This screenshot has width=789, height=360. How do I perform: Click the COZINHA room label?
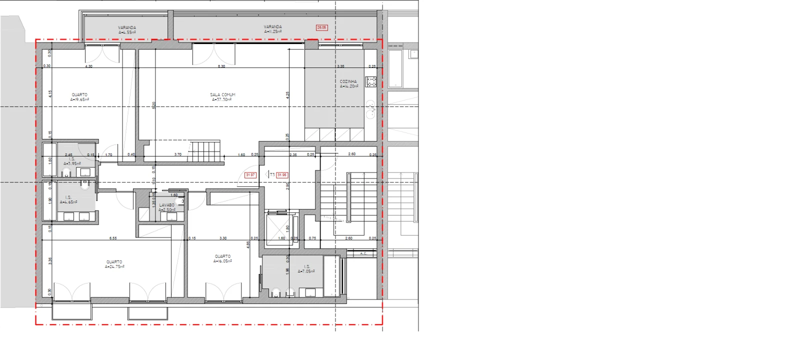[x=348, y=81]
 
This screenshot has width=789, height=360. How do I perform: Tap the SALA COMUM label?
[x=222, y=94]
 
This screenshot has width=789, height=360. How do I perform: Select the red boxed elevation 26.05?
[x=321, y=27]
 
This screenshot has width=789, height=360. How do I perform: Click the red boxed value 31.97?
[x=250, y=175]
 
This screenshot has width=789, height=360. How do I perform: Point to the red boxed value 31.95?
[x=282, y=175]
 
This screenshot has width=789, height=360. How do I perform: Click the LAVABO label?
[x=166, y=205]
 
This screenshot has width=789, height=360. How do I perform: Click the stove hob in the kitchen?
[x=370, y=81]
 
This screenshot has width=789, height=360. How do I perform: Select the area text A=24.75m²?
[x=114, y=267]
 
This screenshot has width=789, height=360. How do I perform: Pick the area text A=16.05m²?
[x=222, y=261]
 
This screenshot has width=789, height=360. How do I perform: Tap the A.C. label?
[x=363, y=254]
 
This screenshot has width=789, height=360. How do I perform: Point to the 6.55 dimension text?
[x=113, y=238]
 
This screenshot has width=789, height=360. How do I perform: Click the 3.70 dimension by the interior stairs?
[x=177, y=154]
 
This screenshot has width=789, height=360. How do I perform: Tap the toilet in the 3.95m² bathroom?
[x=66, y=173]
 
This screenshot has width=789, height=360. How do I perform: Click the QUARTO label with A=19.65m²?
[x=79, y=94]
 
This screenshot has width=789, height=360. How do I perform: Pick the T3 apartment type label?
[x=272, y=175]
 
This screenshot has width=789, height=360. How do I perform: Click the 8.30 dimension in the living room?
[x=221, y=66]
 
